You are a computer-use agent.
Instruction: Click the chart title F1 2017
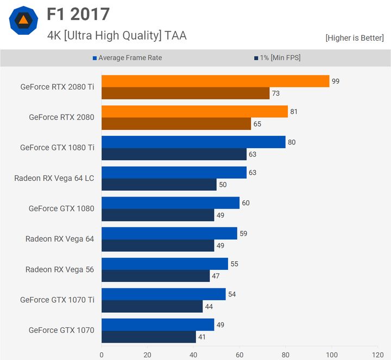pyautogui.click(x=78, y=15)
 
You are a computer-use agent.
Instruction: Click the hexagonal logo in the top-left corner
pyautogui.click(x=23, y=21)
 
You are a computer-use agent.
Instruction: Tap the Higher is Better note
pyautogui.click(x=355, y=37)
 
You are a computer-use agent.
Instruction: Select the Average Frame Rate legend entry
pyautogui.click(x=130, y=58)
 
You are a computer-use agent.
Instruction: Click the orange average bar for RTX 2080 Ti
pyautogui.click(x=215, y=81)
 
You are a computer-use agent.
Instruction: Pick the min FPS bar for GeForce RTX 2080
pyautogui.click(x=176, y=124)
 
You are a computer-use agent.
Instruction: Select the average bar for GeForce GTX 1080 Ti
pyautogui.click(x=193, y=142)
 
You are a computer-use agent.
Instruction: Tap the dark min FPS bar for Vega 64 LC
pyautogui.click(x=159, y=185)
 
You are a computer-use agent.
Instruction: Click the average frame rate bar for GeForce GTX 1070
pyautogui.click(x=157, y=324)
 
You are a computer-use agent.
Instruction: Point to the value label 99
pyautogui.click(x=336, y=81)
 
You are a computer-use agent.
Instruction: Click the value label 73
pyautogui.click(x=276, y=93)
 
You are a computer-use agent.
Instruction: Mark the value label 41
pyautogui.click(x=202, y=337)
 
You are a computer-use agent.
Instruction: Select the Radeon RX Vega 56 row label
pyautogui.click(x=60, y=269)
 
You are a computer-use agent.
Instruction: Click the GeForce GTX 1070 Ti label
pyautogui.click(x=57, y=300)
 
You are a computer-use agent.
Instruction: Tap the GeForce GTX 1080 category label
pyautogui.click(x=61, y=209)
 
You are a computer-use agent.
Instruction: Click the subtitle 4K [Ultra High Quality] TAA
pyautogui.click(x=117, y=36)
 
